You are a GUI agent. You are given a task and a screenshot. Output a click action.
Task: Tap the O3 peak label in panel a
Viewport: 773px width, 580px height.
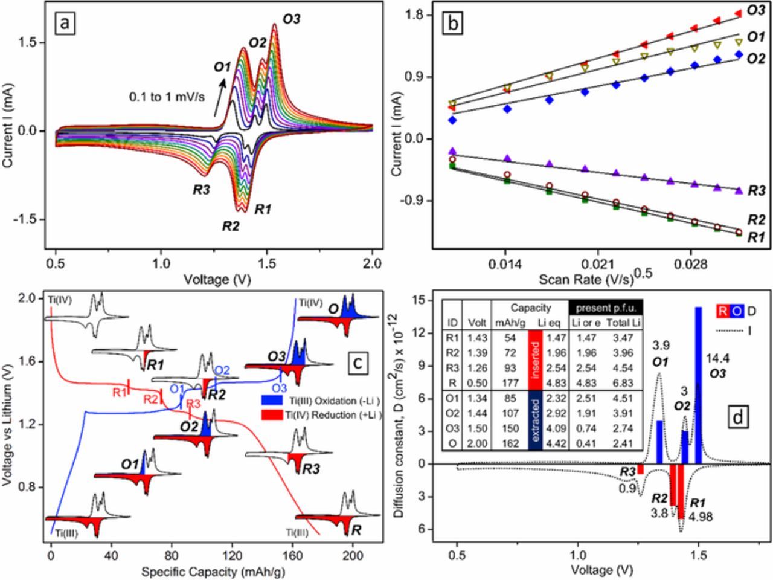[291, 18]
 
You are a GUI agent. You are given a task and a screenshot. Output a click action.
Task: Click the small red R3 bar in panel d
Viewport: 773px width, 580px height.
[640, 469]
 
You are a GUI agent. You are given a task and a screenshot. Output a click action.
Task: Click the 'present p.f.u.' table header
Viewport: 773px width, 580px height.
[605, 306]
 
